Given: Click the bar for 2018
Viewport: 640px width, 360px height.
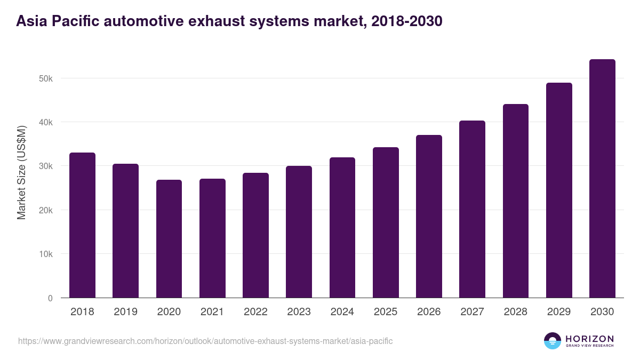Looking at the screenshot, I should tap(82, 225).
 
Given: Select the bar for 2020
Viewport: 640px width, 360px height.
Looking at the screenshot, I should tap(169, 239).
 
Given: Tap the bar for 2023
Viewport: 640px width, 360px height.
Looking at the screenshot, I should tap(299, 232).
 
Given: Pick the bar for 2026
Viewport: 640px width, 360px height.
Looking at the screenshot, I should tap(429, 217).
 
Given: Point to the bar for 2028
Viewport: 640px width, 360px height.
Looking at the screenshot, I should tap(516, 201).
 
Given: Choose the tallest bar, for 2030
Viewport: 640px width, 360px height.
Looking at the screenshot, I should tap(602, 179).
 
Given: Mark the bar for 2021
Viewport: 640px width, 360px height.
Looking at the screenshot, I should tap(212, 238).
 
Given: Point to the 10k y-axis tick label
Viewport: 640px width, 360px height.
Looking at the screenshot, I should tap(46, 254).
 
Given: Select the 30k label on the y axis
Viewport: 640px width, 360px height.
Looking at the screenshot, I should tap(46, 166).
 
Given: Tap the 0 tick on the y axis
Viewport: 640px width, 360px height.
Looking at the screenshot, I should tap(50, 298).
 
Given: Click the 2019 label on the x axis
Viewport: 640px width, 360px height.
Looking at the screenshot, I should tap(125, 312).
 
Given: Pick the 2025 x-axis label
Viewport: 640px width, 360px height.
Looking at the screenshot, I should tap(386, 312).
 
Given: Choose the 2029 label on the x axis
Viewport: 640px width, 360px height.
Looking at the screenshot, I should tap(559, 312).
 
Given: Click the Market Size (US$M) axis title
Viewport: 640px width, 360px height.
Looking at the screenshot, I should tap(21, 173).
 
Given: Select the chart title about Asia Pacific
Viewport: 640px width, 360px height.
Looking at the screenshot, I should tap(229, 21).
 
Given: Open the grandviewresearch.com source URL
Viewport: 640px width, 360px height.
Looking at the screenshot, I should tap(205, 341).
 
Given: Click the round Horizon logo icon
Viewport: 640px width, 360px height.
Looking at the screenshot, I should tap(553, 341).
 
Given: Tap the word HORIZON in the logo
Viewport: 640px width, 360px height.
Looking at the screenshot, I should tap(589, 338).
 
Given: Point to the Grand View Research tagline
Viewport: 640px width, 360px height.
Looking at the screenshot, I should tap(589, 346).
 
